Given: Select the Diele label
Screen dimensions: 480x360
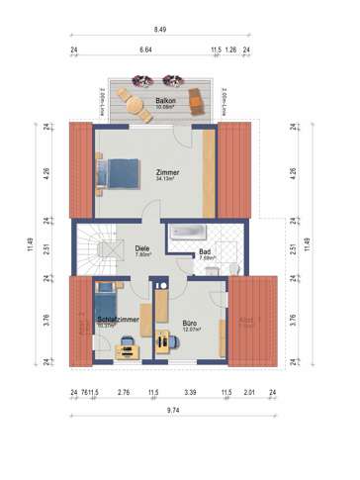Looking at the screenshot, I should pos(141,249).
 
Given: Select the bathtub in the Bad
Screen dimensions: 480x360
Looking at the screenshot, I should pos(187,232).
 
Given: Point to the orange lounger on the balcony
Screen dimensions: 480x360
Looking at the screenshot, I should pos(198,99).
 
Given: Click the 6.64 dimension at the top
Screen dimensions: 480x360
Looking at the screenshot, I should pos(145,48).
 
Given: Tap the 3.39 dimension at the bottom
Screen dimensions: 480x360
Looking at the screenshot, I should pos(190,393).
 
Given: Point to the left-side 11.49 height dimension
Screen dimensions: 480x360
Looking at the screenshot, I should pos(41,243).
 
